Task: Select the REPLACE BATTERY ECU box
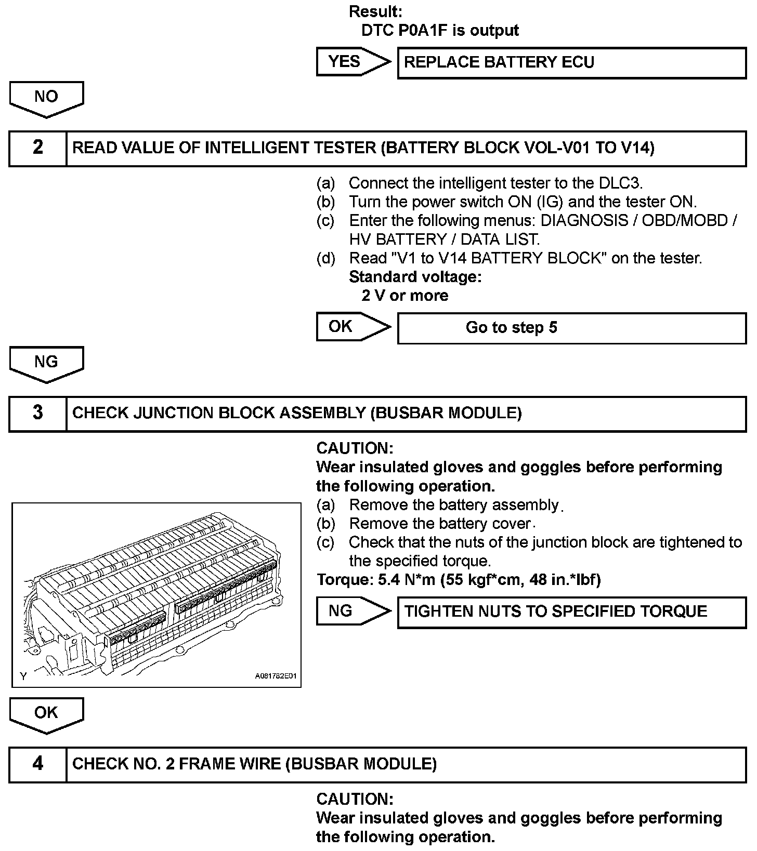(x=571, y=63)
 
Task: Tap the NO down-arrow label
(x=46, y=97)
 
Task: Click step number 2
(x=38, y=148)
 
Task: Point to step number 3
(x=38, y=413)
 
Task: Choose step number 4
(x=38, y=764)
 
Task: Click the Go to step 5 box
(x=571, y=328)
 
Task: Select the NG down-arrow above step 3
(x=46, y=362)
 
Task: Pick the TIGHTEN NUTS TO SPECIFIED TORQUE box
(x=571, y=611)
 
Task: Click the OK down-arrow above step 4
(x=46, y=713)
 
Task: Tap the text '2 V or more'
(x=404, y=296)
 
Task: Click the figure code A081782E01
(x=275, y=676)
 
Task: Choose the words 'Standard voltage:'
(x=415, y=277)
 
